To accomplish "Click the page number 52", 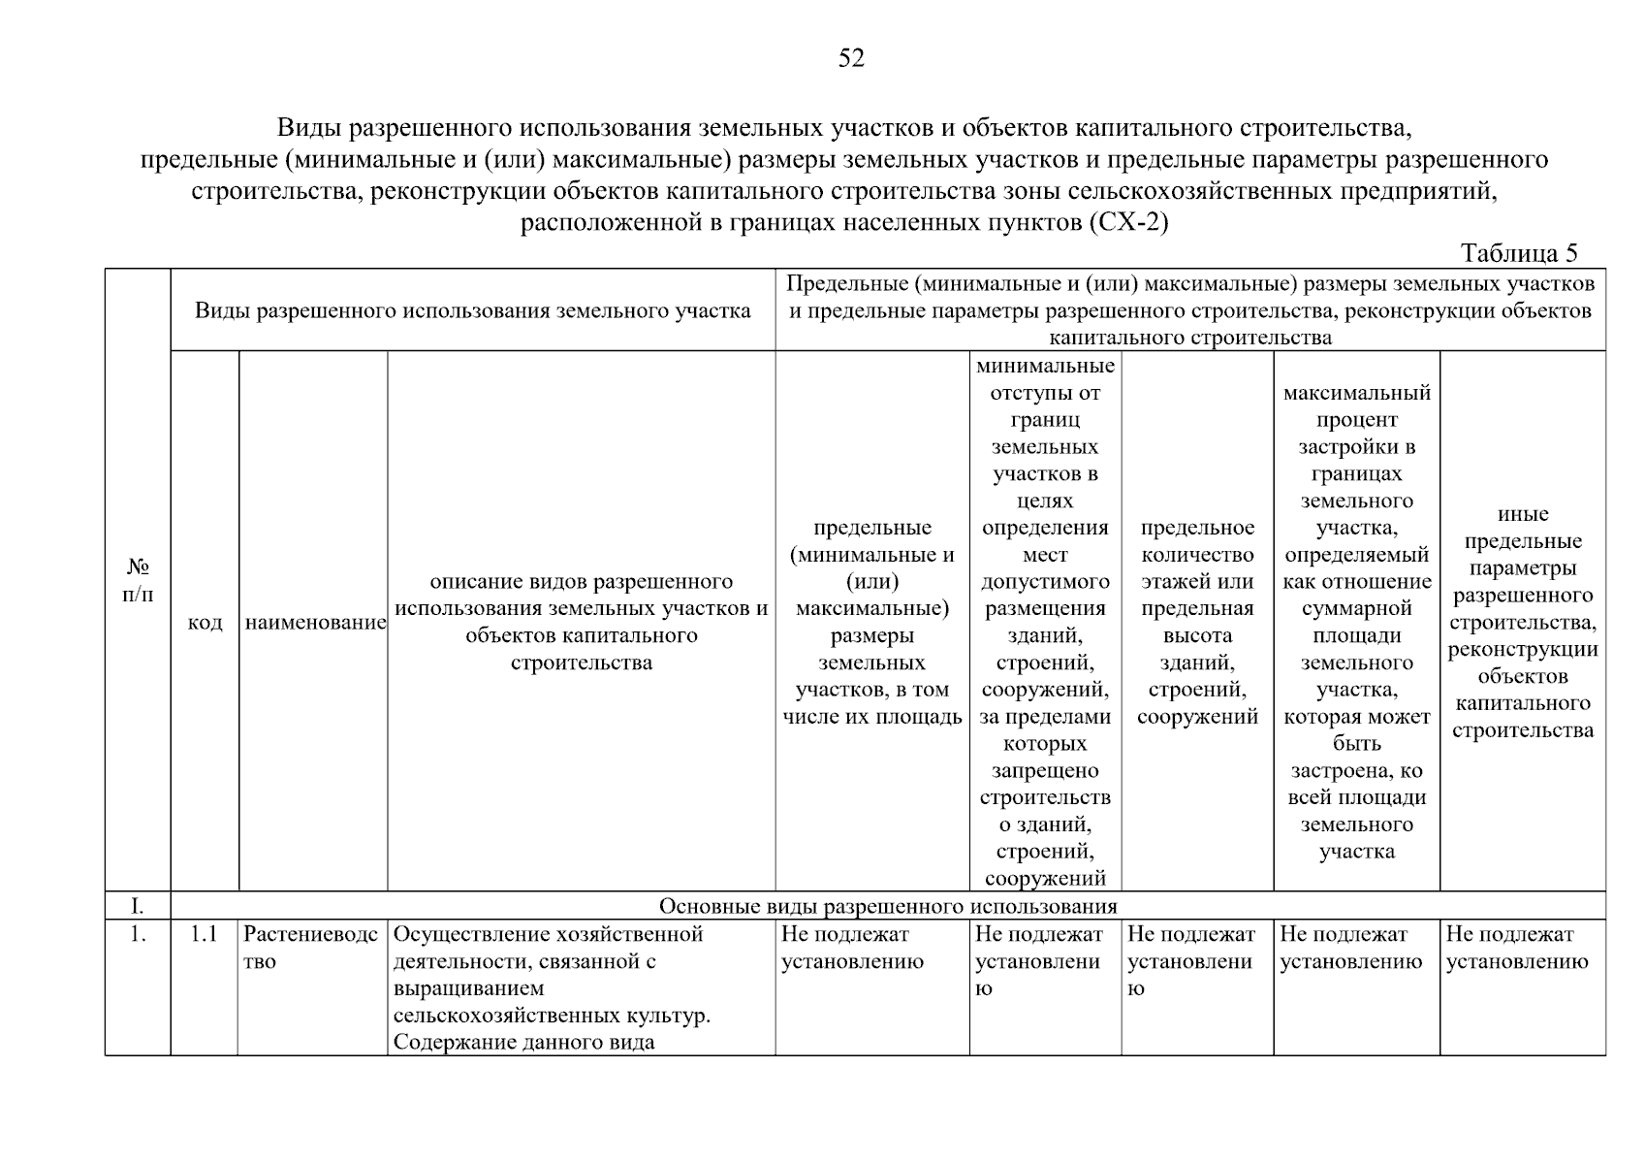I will [x=850, y=59].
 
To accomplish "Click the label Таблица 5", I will [x=1518, y=254].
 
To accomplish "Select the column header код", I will [x=205, y=623].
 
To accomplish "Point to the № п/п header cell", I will [x=138, y=580].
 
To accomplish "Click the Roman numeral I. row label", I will [x=138, y=906].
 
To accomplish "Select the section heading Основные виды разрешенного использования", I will [x=888, y=906].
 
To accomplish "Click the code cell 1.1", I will [x=205, y=935].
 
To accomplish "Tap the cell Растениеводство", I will [x=310, y=948].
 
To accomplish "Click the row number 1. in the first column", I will [x=138, y=935].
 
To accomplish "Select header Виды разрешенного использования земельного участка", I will [x=473, y=310].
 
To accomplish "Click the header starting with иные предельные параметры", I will [x=1522, y=622].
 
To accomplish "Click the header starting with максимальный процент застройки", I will [x=1356, y=622].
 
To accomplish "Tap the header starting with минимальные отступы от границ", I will [x=1045, y=622].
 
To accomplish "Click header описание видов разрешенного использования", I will [x=581, y=622].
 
